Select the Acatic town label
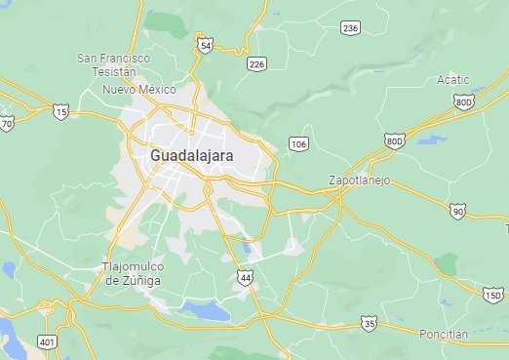click(x=453, y=79)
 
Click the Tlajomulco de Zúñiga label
click(x=134, y=273)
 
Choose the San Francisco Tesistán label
click(x=114, y=65)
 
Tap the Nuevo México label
click(x=139, y=90)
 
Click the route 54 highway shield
click(x=205, y=45)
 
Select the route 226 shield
click(x=256, y=64)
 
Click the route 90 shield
click(x=458, y=211)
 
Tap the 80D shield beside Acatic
click(x=463, y=100)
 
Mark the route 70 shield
click(x=7, y=123)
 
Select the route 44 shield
click(x=244, y=278)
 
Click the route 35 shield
click(x=369, y=322)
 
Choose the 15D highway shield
click(x=493, y=294)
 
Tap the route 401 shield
click(x=46, y=341)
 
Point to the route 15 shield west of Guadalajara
click(x=61, y=113)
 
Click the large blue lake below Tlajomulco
click(x=205, y=311)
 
